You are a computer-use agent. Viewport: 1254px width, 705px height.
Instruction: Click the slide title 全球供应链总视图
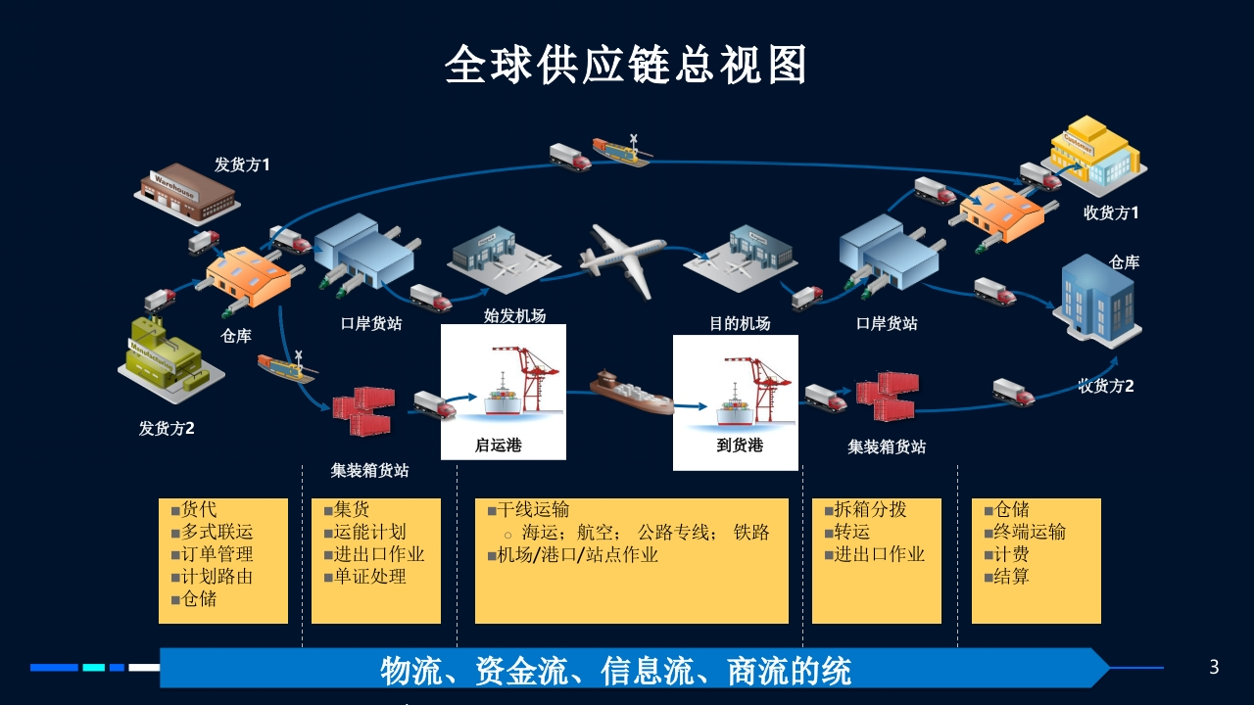click(x=626, y=65)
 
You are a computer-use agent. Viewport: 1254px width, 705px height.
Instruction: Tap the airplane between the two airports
click(x=623, y=259)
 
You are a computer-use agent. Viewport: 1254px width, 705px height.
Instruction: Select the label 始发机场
click(x=514, y=316)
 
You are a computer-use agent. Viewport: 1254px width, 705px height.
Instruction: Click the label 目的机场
click(x=740, y=323)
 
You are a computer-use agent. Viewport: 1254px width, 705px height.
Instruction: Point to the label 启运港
click(x=499, y=446)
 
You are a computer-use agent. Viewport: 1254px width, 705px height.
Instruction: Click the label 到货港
click(x=740, y=446)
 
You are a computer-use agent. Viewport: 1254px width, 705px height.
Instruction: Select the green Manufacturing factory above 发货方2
click(x=170, y=359)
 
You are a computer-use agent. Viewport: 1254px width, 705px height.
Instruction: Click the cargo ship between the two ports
click(x=631, y=393)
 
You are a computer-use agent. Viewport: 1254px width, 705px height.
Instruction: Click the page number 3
click(x=1214, y=667)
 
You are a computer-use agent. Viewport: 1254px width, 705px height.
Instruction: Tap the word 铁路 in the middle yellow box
click(x=751, y=532)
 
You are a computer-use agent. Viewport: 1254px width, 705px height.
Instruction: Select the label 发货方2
click(x=167, y=429)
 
